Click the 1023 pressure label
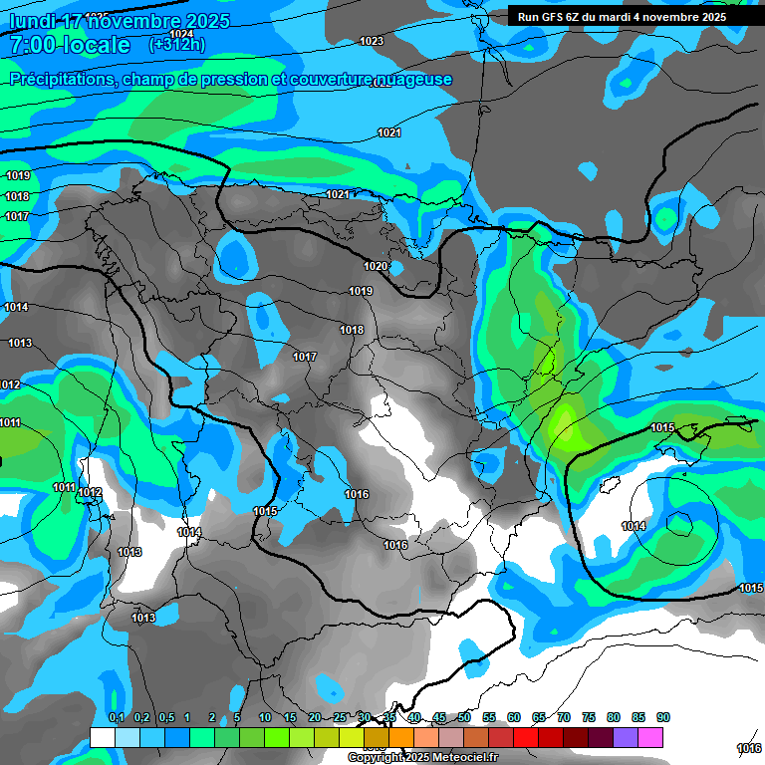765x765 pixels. click(372, 41)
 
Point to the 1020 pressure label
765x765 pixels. click(375, 266)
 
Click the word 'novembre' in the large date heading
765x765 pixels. click(141, 21)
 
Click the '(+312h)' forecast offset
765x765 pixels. click(176, 45)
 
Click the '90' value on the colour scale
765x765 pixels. click(663, 717)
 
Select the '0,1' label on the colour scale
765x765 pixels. click(117, 717)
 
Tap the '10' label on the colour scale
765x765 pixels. click(265, 717)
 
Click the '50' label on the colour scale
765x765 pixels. click(464, 717)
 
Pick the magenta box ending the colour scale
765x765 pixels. click(650, 737)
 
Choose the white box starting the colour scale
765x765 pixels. click(102, 737)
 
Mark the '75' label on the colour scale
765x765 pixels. click(589, 717)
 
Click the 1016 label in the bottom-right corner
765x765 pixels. click(748, 748)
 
